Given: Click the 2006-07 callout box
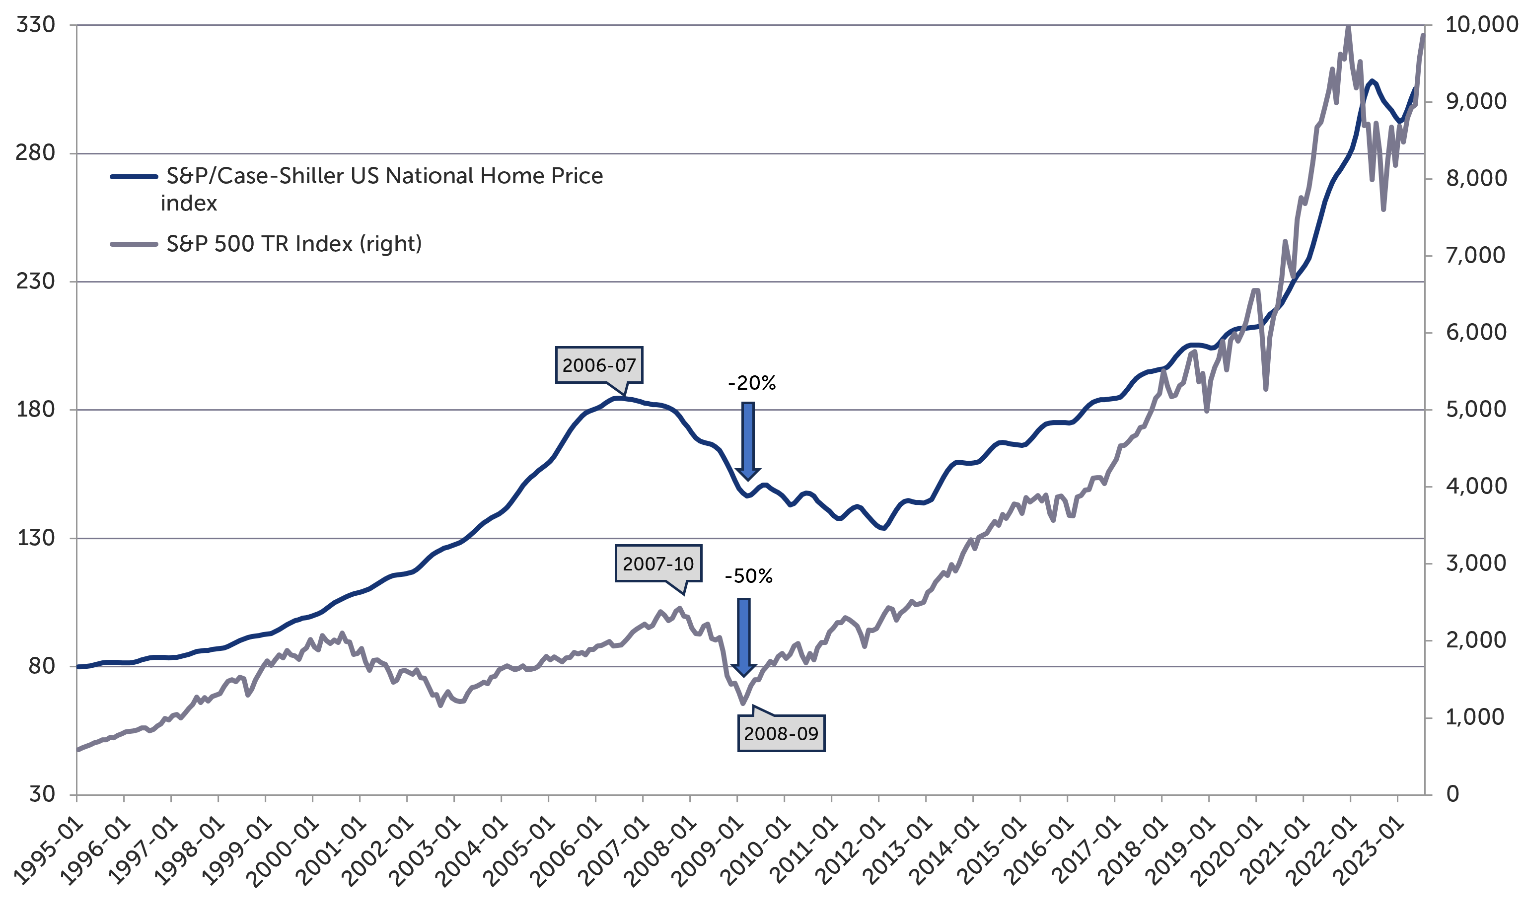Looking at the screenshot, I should [598, 365].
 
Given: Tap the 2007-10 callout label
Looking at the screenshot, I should [657, 563].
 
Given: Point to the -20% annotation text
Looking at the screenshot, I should [751, 383].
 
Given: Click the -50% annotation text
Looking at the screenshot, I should [748, 576].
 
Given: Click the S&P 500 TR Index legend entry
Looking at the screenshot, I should [294, 244].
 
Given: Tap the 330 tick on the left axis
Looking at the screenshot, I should [35, 25].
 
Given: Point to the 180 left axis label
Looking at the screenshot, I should [35, 409].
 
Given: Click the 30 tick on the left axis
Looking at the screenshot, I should [42, 794].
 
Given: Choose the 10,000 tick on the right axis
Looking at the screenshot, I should [1481, 25].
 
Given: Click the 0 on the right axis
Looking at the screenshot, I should [1452, 794].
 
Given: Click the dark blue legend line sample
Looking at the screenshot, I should [134, 177].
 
